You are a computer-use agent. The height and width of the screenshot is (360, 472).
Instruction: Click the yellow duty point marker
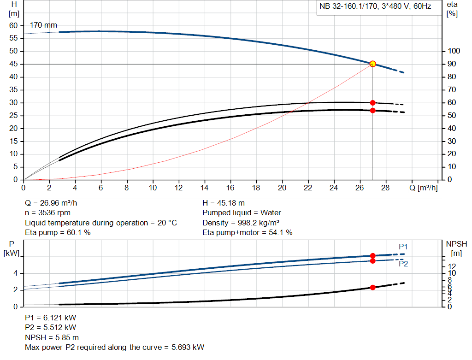click(x=372, y=64)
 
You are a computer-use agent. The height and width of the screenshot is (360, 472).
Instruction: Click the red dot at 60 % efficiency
click(x=372, y=103)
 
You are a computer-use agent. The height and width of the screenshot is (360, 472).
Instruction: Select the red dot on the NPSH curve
click(x=372, y=287)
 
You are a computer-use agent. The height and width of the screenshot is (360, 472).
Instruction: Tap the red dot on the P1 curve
click(x=372, y=255)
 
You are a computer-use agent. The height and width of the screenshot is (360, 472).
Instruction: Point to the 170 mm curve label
click(x=43, y=25)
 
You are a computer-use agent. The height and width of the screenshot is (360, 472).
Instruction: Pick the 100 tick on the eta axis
click(x=454, y=51)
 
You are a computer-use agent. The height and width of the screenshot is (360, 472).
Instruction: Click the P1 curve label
click(x=403, y=247)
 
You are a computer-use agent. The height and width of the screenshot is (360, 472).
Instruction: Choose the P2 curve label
click(x=403, y=264)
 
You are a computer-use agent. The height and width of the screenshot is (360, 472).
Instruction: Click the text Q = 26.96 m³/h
click(x=54, y=203)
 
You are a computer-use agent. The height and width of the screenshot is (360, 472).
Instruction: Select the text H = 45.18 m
click(x=223, y=203)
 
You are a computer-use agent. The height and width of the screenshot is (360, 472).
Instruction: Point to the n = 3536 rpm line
click(x=48, y=213)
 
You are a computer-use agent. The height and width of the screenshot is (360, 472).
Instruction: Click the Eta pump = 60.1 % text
click(x=58, y=233)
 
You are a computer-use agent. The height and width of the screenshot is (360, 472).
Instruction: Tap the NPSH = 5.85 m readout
click(x=52, y=337)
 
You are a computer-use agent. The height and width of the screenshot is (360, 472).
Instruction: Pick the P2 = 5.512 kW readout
click(x=51, y=328)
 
